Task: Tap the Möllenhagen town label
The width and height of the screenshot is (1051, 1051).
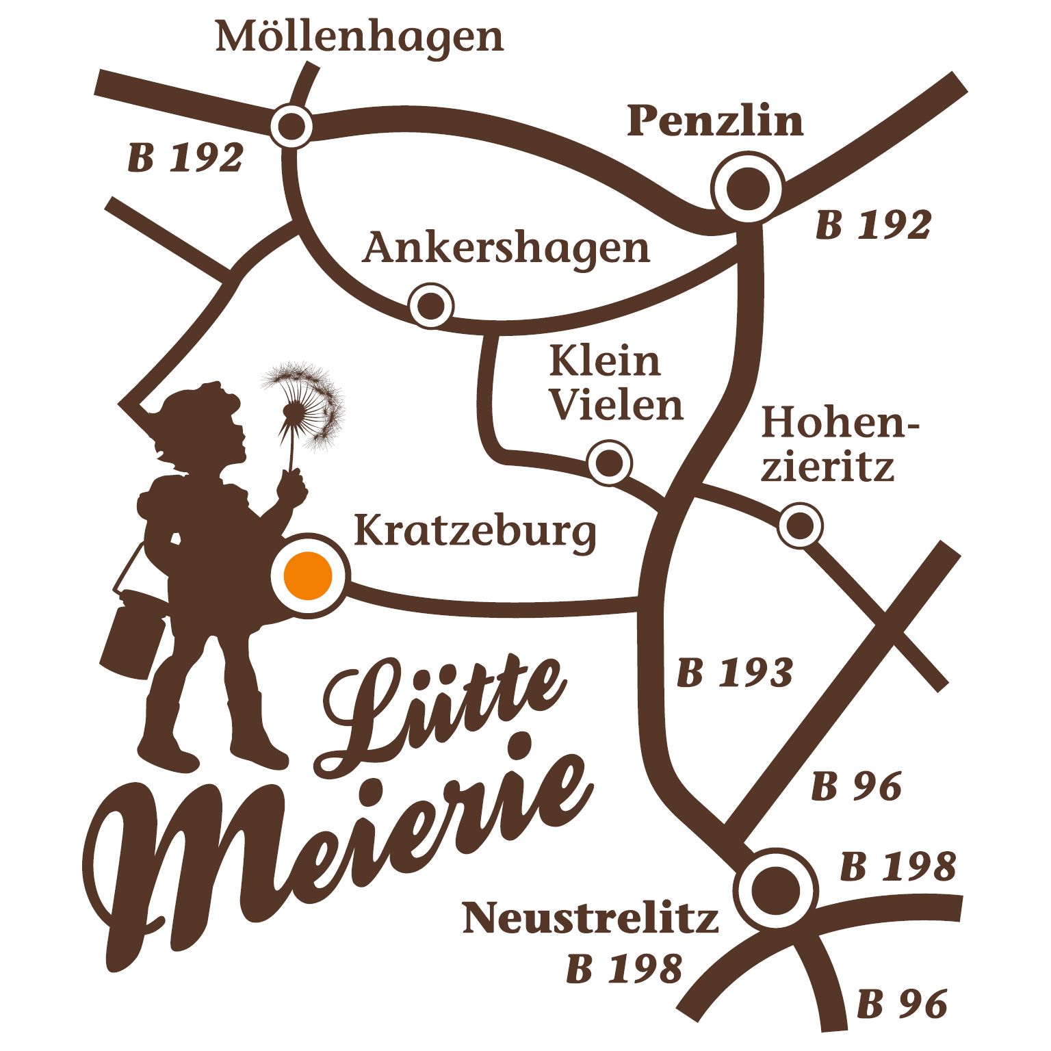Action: (359, 37)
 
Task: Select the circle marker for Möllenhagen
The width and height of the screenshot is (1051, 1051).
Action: (291, 126)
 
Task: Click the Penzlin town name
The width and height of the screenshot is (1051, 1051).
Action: (715, 121)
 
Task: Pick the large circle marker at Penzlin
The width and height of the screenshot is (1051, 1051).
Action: (747, 187)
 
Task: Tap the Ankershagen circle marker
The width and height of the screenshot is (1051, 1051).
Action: (431, 304)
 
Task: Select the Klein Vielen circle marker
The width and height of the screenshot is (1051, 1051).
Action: (609, 463)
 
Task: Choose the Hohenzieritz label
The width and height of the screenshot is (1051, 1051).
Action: (838, 443)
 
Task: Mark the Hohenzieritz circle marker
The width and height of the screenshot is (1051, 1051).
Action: (800, 525)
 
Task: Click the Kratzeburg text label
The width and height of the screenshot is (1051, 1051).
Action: (475, 532)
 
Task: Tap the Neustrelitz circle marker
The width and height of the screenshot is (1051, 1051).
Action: (775, 890)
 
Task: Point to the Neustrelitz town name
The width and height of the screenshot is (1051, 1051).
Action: (591, 918)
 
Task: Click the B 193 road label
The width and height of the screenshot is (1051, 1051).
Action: (734, 673)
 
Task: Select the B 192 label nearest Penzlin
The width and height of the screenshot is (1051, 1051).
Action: (873, 225)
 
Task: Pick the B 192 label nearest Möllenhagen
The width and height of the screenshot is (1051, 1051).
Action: (185, 158)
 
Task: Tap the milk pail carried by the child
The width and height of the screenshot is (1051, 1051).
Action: (133, 636)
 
